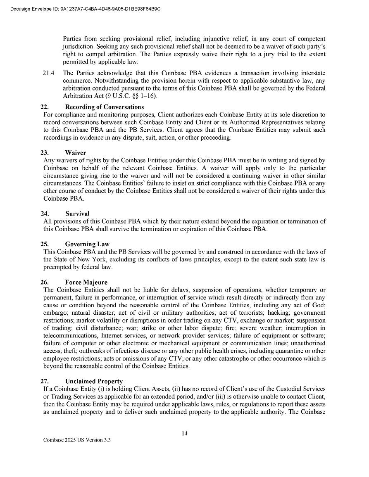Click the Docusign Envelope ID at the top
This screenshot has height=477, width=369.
point(85,9)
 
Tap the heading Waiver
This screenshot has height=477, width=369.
point(75,153)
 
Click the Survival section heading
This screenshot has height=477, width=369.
point(77,214)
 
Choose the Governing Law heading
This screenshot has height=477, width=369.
point(87,244)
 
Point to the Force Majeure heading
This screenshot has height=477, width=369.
point(86,282)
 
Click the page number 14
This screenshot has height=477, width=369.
point(184,433)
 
